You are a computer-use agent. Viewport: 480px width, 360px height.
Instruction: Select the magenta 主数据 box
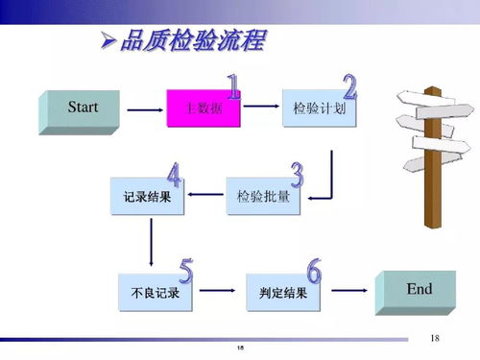[x=203, y=109]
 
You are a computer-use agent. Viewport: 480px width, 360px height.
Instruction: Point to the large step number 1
[x=232, y=87]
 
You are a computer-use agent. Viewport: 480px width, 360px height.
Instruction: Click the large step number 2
[x=348, y=87]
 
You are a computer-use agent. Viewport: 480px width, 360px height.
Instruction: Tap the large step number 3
[x=297, y=174]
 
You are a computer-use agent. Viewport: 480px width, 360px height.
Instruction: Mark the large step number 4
[x=174, y=175]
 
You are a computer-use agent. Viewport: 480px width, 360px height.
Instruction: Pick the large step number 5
[x=185, y=271]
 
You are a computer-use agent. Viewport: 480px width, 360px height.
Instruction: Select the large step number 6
[x=313, y=271]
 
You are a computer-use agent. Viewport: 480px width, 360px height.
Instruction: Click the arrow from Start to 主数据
[x=144, y=109]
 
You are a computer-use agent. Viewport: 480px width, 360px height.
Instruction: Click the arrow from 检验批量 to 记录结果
[x=204, y=197]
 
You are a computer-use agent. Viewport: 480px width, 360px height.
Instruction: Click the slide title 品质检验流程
[x=192, y=42]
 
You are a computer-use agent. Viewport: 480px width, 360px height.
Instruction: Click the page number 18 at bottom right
[x=435, y=337]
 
